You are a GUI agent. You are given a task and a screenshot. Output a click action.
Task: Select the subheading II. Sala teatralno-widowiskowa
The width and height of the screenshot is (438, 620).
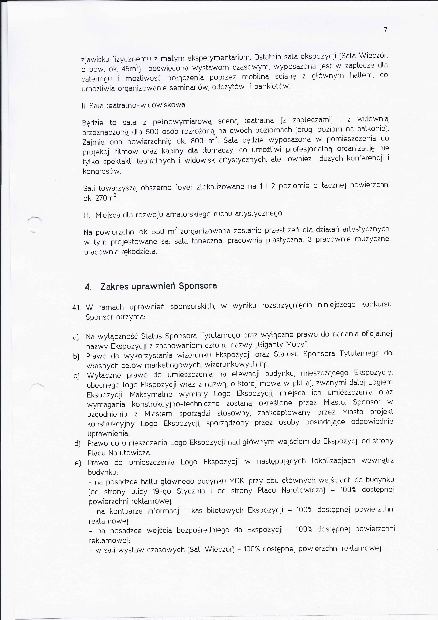pyautogui.click(x=133, y=105)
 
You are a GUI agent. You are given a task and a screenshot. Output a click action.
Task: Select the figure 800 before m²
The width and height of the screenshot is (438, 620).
pyautogui.click(x=197, y=141)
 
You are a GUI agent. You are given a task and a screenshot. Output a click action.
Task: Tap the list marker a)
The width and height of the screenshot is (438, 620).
pyautogui.click(x=76, y=338)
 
